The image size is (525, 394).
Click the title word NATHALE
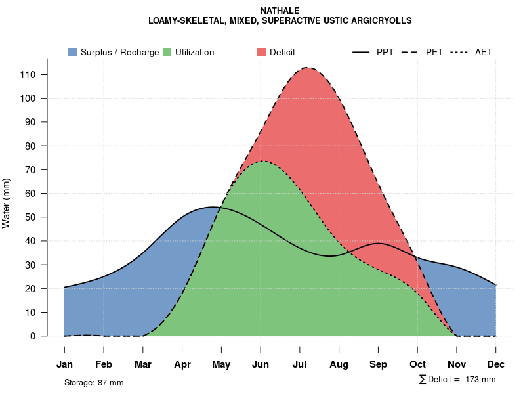click(280, 11)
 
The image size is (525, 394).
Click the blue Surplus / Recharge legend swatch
click(73, 52)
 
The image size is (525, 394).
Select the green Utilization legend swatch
click(167, 52)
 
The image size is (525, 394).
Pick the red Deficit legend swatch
click(262, 52)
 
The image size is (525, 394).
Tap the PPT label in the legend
click(385, 52)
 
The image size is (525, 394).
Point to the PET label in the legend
click(434, 52)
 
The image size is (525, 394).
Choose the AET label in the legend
click(484, 52)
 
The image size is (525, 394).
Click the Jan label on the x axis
click(64, 364)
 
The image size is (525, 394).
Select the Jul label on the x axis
click(300, 364)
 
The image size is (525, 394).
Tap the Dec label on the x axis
click(496, 364)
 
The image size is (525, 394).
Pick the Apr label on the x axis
click(182, 364)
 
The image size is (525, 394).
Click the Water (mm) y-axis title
click(7, 203)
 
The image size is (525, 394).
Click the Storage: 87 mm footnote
click(94, 382)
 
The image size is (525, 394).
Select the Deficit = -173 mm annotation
click(457, 380)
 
